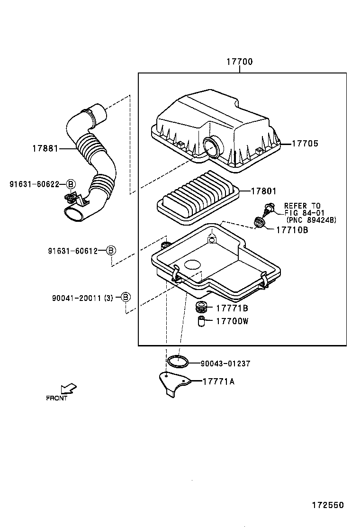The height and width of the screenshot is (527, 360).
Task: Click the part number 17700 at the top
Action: tap(239, 62)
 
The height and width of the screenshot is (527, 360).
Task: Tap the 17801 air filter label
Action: tap(263, 191)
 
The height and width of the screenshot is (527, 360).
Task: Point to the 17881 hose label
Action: tap(45, 148)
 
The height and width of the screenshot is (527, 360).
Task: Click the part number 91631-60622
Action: tap(34, 184)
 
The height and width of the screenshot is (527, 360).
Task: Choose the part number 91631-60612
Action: tap(72, 251)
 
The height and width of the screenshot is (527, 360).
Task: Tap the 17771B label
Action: tap(232, 309)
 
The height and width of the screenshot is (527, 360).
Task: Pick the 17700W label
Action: tap(232, 321)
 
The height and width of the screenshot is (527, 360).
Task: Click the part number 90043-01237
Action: tap(225, 363)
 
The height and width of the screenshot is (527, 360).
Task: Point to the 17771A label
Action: tap(218, 381)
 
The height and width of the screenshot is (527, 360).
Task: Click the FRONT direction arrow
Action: tap(69, 388)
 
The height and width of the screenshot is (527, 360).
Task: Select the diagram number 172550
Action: tap(327, 505)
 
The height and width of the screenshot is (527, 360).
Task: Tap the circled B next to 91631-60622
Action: tap(71, 184)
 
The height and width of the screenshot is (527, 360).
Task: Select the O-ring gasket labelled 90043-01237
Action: tap(178, 362)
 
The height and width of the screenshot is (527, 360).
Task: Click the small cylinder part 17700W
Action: tap(201, 322)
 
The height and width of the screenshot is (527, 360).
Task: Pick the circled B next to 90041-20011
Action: tap(125, 297)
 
